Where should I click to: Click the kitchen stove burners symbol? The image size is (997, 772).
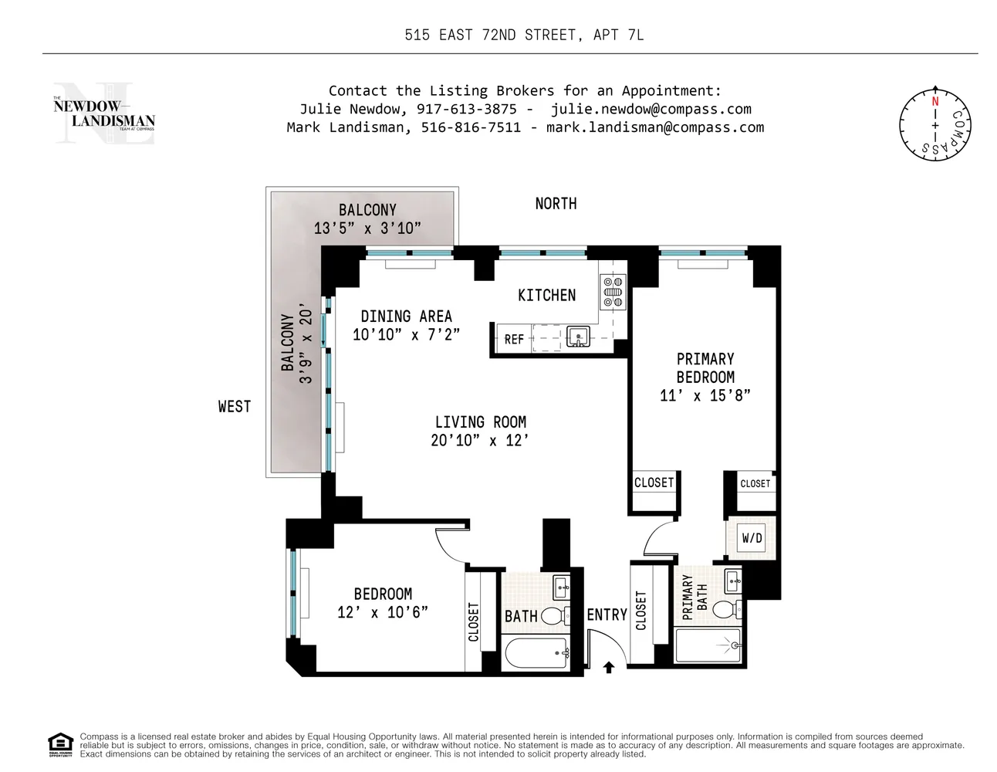pyautogui.click(x=612, y=292)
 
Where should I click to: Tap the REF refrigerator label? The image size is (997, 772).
pyautogui.click(x=513, y=339)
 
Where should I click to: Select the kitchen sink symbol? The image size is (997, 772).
pyautogui.click(x=578, y=337)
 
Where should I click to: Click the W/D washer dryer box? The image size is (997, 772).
pyautogui.click(x=752, y=537)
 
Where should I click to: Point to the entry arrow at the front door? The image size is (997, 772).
pyautogui.click(x=608, y=667)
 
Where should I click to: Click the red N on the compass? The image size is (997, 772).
pyautogui.click(x=934, y=101)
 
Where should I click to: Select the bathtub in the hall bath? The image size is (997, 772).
pyautogui.click(x=536, y=653)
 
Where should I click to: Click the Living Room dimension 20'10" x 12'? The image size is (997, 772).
pyautogui.click(x=479, y=440)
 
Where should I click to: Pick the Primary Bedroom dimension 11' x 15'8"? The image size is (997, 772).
pyautogui.click(x=705, y=395)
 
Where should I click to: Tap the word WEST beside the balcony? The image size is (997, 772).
pyautogui.click(x=235, y=406)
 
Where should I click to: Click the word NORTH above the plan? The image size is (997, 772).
pyautogui.click(x=556, y=203)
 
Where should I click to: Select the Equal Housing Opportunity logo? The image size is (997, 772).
pyautogui.click(x=60, y=745)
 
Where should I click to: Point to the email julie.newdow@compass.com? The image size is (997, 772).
pyautogui.click(x=651, y=109)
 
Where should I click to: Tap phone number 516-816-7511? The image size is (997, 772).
pyautogui.click(x=471, y=127)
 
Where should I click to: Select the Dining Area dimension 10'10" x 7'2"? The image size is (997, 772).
pyautogui.click(x=406, y=334)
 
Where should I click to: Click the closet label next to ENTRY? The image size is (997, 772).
pyautogui.click(x=641, y=611)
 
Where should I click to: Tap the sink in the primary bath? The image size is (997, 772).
pyautogui.click(x=733, y=581)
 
